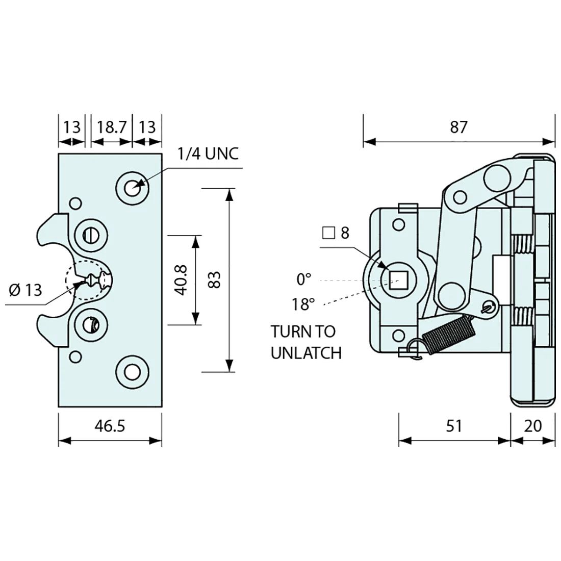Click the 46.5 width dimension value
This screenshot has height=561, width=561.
coord(109,426)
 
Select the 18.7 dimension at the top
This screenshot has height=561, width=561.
coord(111,126)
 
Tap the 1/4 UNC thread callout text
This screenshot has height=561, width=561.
coord(208,154)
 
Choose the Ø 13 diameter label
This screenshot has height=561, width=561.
coord(25,290)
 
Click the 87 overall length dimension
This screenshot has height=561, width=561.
coord(458,126)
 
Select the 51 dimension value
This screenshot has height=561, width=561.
coord(453,426)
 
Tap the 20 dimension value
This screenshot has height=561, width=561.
coord(532,426)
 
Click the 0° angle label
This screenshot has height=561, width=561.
coord(303,279)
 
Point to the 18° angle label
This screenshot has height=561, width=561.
coord(303,305)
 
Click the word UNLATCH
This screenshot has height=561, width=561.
coord(306,352)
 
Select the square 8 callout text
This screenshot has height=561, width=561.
coord(336,233)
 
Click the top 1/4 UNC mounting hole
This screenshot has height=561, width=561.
coord(133,188)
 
